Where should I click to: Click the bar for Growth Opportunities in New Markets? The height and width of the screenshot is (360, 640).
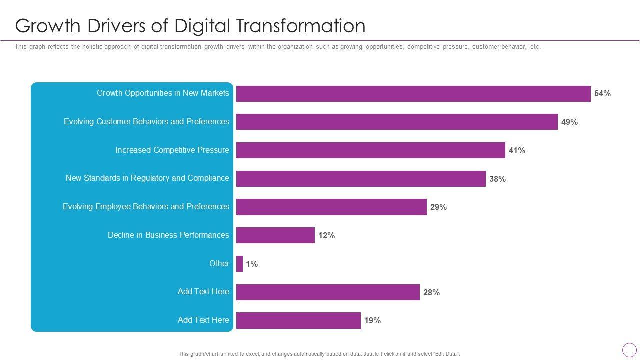click(x=413, y=94)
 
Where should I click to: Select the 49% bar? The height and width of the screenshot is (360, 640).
click(x=397, y=122)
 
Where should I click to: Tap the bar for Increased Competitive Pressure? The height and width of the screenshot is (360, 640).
click(x=370, y=150)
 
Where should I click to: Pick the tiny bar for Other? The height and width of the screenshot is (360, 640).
click(x=239, y=264)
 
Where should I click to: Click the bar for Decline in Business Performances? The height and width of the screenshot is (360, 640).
click(x=275, y=235)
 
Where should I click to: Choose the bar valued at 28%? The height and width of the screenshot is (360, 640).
click(x=328, y=292)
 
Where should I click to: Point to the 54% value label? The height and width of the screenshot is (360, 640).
click(x=602, y=94)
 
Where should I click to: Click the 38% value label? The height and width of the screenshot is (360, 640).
click(x=497, y=179)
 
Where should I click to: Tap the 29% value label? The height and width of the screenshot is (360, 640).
click(x=438, y=207)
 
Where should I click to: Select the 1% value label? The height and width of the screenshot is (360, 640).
click(x=252, y=264)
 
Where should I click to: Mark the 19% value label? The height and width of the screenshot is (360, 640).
click(x=372, y=321)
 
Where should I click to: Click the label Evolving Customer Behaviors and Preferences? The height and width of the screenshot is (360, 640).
click(x=146, y=122)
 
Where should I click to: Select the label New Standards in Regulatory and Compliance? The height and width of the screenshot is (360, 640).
click(x=147, y=178)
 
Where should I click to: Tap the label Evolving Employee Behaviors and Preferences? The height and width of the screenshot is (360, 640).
click(x=146, y=207)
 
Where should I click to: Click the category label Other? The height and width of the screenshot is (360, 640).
click(x=219, y=264)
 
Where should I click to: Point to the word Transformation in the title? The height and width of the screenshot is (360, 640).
click(x=300, y=26)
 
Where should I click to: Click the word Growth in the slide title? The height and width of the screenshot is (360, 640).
click(x=48, y=26)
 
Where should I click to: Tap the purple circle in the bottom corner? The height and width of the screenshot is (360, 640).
click(x=629, y=350)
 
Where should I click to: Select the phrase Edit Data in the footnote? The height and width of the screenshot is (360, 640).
click(x=446, y=354)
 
